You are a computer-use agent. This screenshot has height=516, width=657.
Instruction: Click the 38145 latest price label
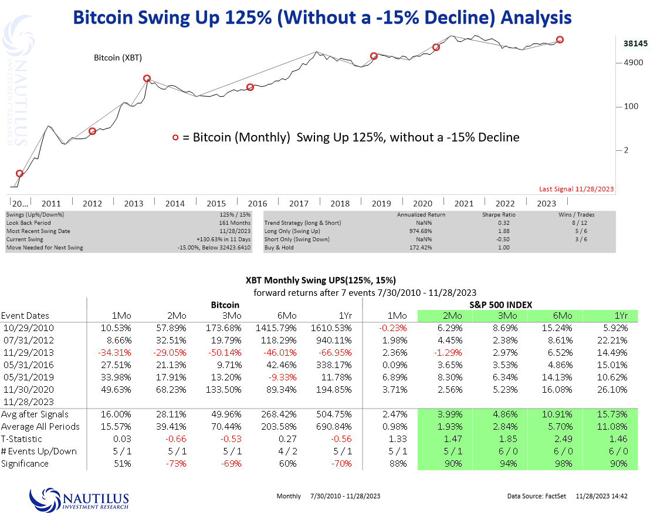pyautogui.click(x=635, y=43)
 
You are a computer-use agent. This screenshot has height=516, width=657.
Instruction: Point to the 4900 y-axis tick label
pyautogui.click(x=633, y=62)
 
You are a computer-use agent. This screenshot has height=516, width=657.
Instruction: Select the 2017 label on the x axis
pyautogui.click(x=299, y=204)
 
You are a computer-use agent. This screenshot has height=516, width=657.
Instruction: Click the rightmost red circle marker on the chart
pyautogui.click(x=560, y=39)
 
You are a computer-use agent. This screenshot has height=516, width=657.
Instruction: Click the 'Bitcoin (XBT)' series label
pyautogui.click(x=118, y=58)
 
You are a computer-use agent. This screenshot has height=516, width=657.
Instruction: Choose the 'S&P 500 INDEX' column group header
pyautogui.click(x=500, y=305)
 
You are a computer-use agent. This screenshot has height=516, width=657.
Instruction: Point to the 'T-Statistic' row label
pyautogui.click(x=22, y=439)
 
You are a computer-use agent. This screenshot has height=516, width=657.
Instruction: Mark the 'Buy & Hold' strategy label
pyautogui.click(x=281, y=248)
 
